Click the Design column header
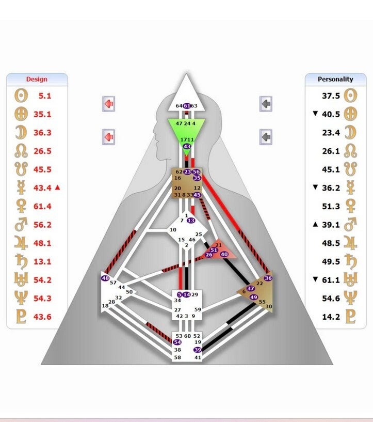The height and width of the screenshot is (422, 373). pyautogui.click(x=37, y=79)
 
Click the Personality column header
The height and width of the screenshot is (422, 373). pyautogui.click(x=335, y=79)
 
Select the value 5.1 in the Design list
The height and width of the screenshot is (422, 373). pyautogui.click(x=45, y=96)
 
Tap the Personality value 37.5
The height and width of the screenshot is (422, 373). pyautogui.click(x=331, y=96)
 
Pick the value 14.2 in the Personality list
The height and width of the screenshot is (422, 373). pyautogui.click(x=331, y=317)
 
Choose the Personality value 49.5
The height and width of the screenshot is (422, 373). pyautogui.click(x=331, y=261)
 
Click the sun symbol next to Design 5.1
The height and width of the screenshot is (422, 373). pyautogui.click(x=21, y=96)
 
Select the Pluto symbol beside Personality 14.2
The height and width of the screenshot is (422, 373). pyautogui.click(x=350, y=317)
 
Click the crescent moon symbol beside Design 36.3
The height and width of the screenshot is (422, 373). pyautogui.click(x=21, y=133)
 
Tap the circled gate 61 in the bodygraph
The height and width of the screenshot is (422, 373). pyautogui.click(x=187, y=106)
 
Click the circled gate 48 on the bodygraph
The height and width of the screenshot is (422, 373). pyautogui.click(x=106, y=278)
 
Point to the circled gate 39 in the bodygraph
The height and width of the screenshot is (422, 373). pyautogui.click(x=197, y=350)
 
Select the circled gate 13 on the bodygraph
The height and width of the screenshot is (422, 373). pyautogui.click(x=191, y=221)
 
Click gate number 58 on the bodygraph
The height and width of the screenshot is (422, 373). pyautogui.click(x=177, y=357)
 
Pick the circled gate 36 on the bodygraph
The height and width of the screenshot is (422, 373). pyautogui.click(x=268, y=278)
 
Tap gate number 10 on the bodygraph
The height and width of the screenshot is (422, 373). pyautogui.click(x=173, y=229)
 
